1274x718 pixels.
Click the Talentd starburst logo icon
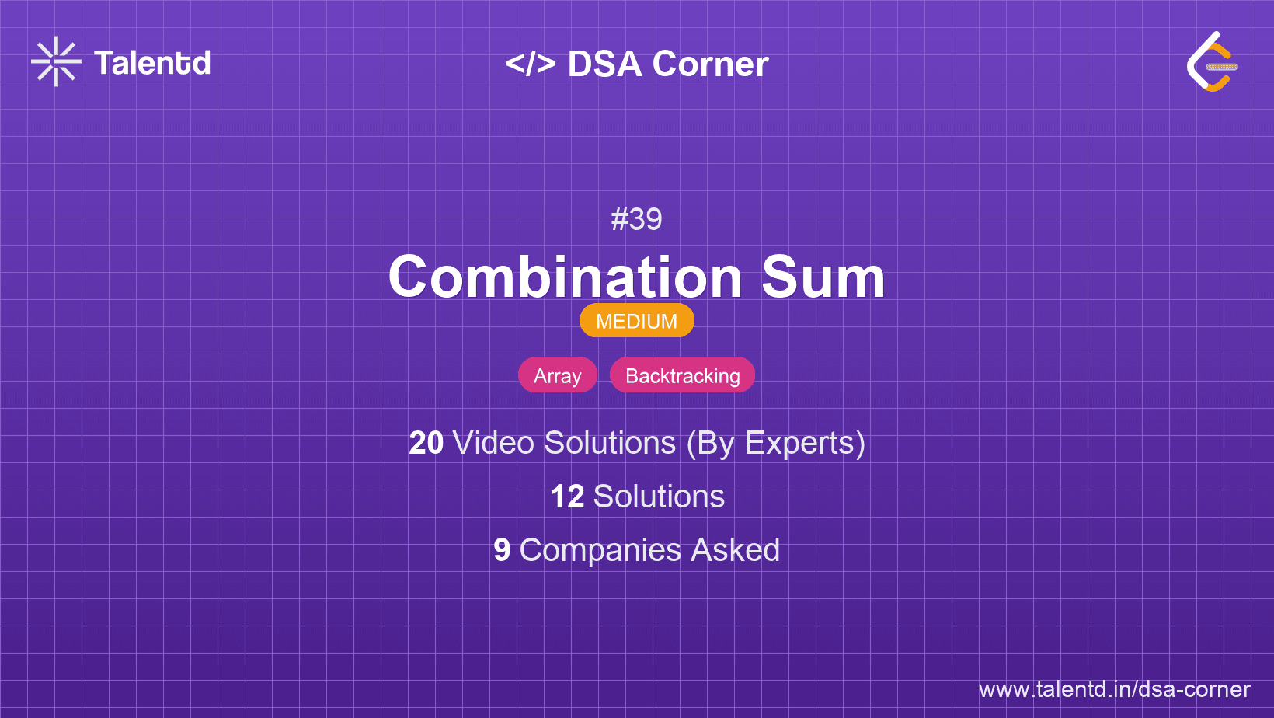tap(56, 62)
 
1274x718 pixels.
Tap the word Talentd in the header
tap(152, 63)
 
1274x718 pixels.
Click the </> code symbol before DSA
tap(531, 64)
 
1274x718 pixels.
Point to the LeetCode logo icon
tap(1211, 62)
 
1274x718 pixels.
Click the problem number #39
tap(636, 219)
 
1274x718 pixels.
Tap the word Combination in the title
tap(565, 277)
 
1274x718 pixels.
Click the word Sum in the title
tap(823, 277)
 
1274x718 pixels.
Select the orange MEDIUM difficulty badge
tap(636, 321)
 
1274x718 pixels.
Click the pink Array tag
tap(557, 375)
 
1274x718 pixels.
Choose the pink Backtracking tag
tap(682, 375)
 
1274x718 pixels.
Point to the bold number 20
tap(426, 443)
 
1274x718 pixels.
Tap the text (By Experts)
tap(775, 443)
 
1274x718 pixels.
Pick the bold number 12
tap(567, 497)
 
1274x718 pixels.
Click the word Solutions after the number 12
tap(659, 497)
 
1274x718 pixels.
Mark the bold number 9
tap(502, 550)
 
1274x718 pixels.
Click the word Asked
tap(735, 550)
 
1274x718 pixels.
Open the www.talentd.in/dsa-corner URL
tap(1114, 689)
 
